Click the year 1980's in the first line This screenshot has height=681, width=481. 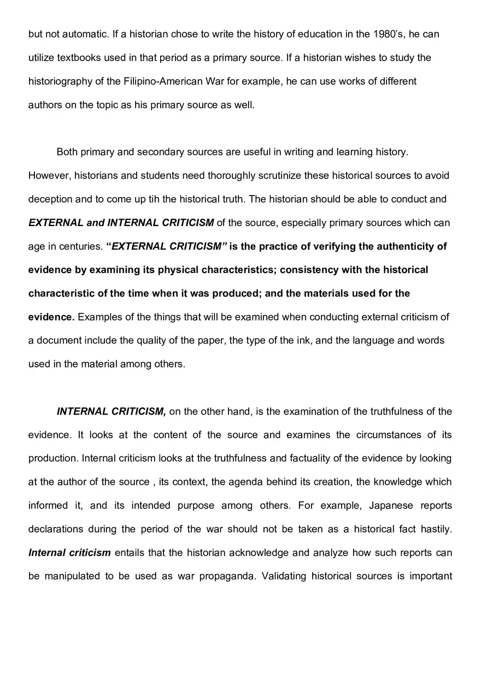pyautogui.click(x=388, y=34)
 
